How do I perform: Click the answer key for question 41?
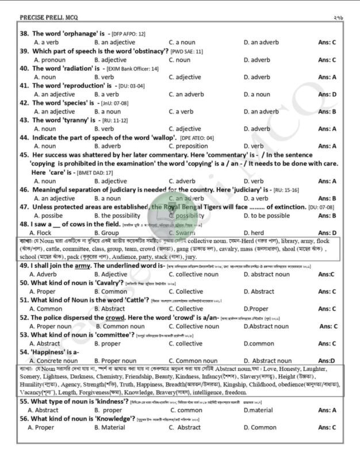click(327, 94)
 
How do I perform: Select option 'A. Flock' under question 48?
click(46, 232)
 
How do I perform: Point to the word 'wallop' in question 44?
click(163, 137)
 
